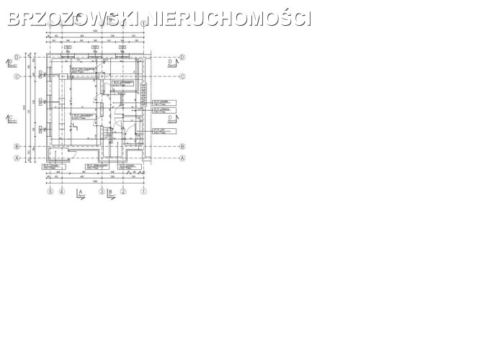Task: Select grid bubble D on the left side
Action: tap(17, 58)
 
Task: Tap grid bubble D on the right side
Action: tap(183, 58)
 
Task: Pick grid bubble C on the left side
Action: tap(17, 76)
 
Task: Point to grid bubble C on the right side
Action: tap(183, 76)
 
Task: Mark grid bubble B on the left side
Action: tap(17, 146)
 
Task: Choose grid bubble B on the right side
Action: tap(183, 146)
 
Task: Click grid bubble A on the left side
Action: tap(17, 158)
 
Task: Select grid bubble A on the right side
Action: tap(183, 158)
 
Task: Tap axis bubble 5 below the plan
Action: tap(50, 192)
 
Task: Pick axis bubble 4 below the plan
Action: tap(62, 192)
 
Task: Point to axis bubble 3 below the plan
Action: tap(102, 192)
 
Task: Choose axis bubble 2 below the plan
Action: tap(123, 192)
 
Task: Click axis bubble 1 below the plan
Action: tap(143, 192)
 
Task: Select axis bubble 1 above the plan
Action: tap(143, 24)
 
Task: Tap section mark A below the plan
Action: tap(80, 194)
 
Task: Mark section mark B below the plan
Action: tap(110, 194)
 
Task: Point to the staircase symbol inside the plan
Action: tap(108, 134)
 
